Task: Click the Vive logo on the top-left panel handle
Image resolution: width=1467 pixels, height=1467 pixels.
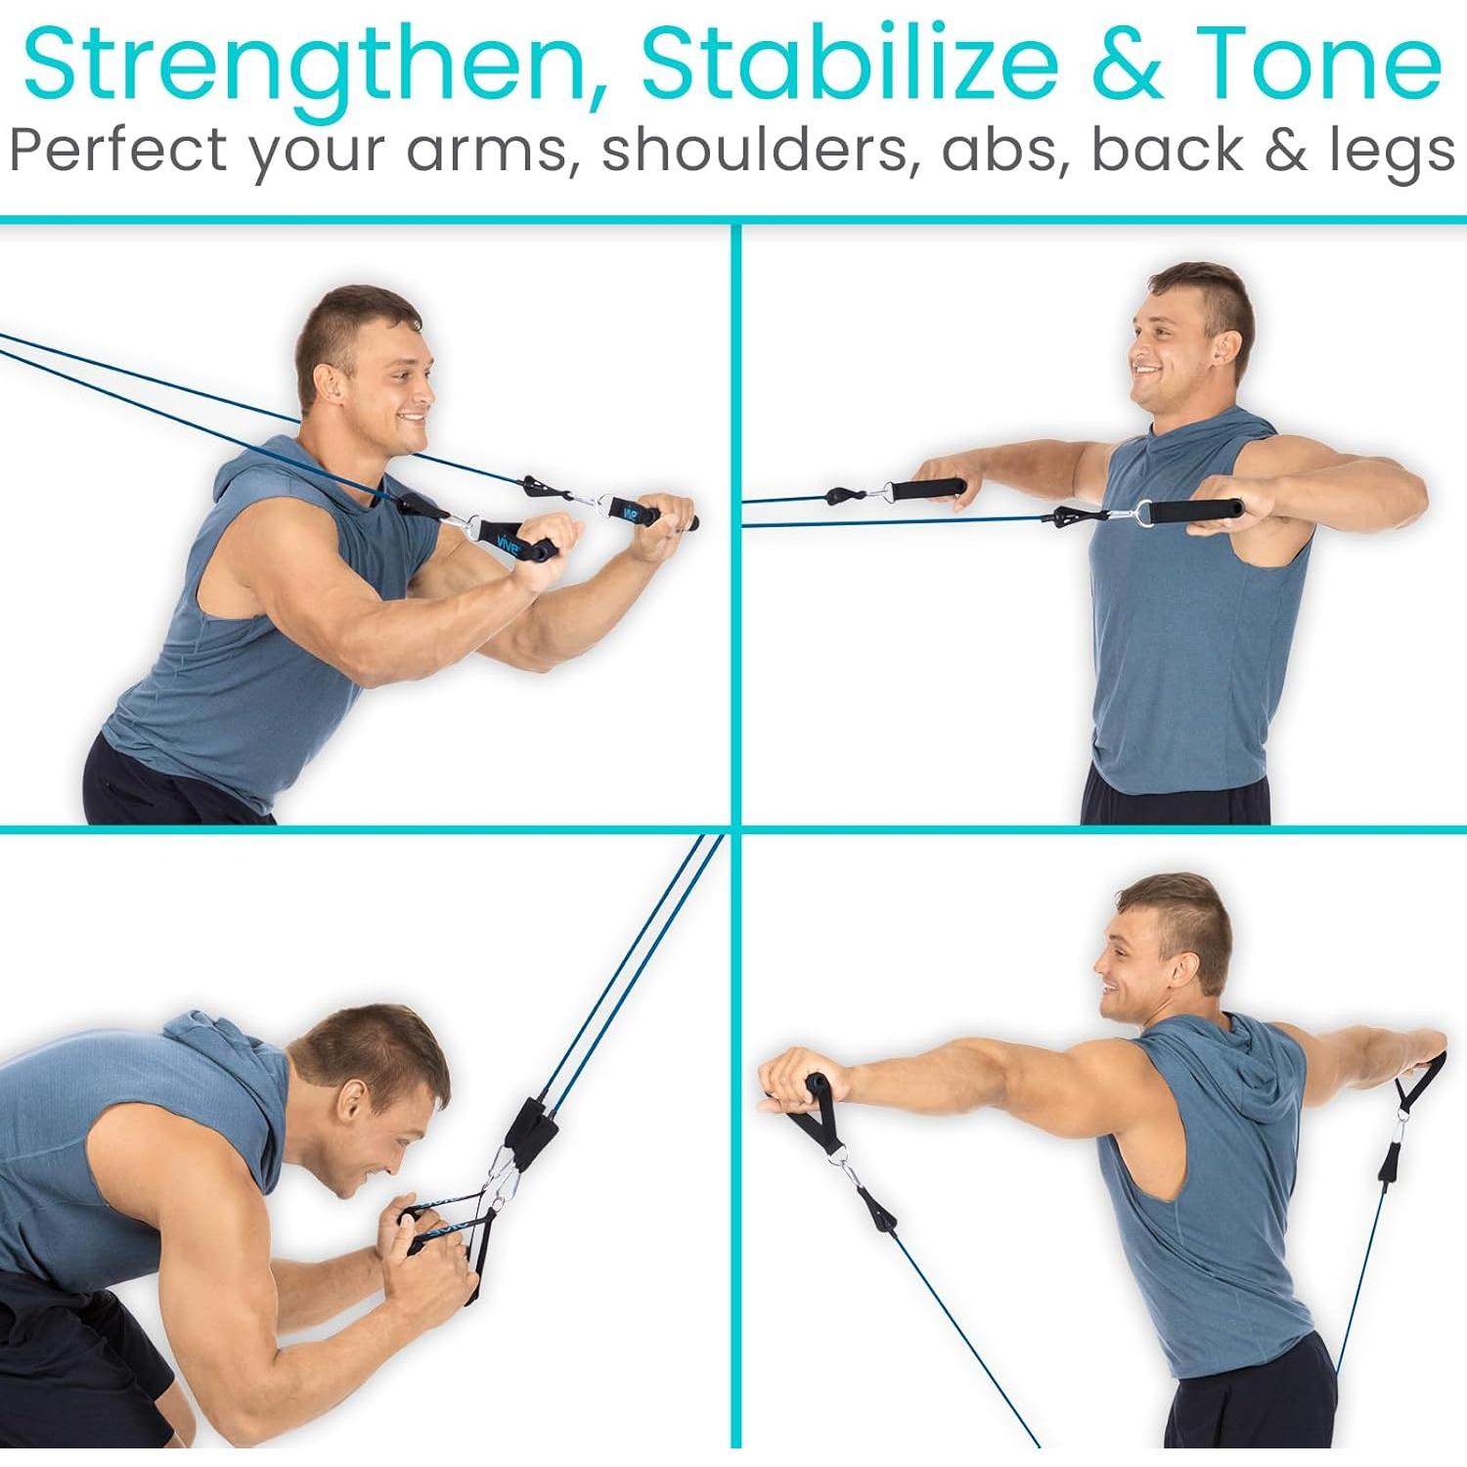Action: [x=507, y=543]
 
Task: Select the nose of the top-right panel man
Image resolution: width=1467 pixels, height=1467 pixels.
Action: [x=1133, y=347]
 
